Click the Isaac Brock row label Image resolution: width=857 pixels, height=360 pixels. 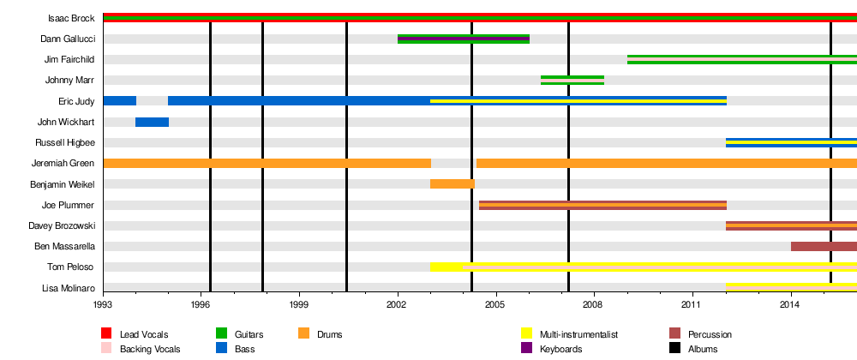[71, 18]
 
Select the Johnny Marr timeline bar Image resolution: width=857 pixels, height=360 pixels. [572, 81]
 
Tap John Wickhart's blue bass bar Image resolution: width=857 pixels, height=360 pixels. [152, 122]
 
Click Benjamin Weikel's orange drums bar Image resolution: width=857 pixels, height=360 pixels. [452, 183]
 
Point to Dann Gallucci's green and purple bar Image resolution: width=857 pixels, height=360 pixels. [464, 39]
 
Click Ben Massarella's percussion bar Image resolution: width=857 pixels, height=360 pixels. [824, 246]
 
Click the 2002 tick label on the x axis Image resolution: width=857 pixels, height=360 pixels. [397, 304]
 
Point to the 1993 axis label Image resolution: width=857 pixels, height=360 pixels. [103, 304]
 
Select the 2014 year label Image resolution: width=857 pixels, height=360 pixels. [790, 304]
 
